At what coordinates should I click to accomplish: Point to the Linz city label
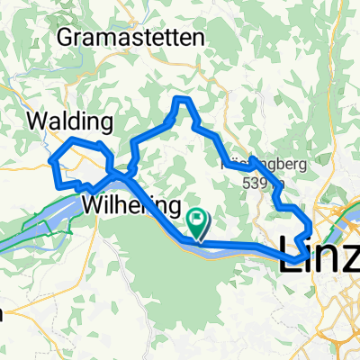click(x=320, y=247)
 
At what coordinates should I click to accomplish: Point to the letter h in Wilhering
click(x=121, y=204)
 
